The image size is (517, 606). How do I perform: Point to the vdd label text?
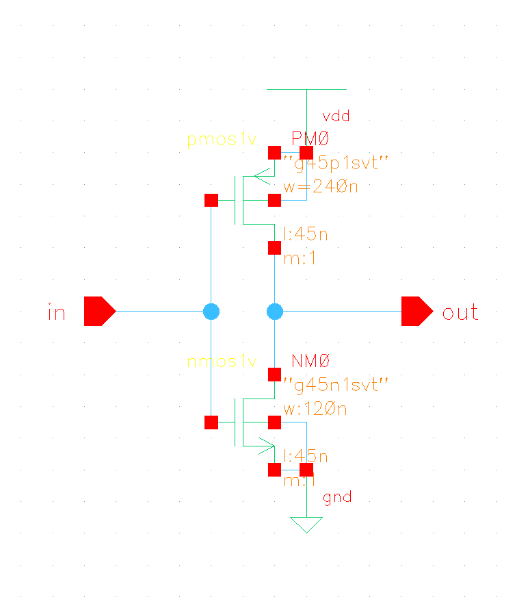click(x=335, y=116)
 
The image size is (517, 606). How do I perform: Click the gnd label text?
click(x=337, y=497)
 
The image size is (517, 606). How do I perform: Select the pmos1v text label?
click(x=222, y=140)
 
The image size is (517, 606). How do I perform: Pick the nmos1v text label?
click(x=222, y=361)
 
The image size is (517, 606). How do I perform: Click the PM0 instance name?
click(x=310, y=139)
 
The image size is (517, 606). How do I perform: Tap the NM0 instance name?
click(x=311, y=360)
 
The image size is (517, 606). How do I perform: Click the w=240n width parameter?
click(x=321, y=187)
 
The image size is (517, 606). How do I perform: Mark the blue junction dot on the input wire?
click(x=211, y=312)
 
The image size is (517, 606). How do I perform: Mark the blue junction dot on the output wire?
click(x=275, y=312)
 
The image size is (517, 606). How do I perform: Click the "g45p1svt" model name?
click(x=336, y=163)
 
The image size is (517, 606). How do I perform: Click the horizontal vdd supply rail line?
click(x=306, y=89)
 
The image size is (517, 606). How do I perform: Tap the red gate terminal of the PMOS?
click(x=211, y=200)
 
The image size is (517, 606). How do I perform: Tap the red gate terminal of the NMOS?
click(x=211, y=422)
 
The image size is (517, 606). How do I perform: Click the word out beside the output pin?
click(x=460, y=313)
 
